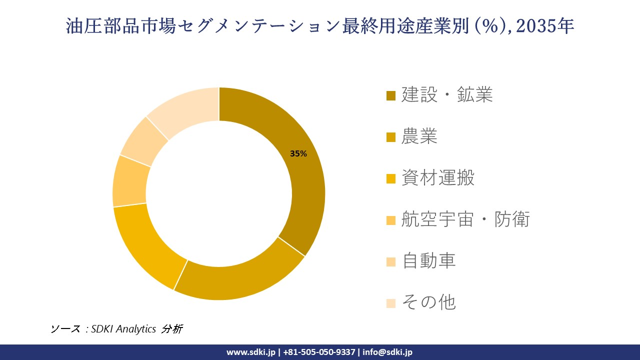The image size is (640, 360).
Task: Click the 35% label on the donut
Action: pos(298,154)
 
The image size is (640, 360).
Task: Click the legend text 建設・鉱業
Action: pos(447,94)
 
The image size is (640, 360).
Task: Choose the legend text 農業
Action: pos(419,136)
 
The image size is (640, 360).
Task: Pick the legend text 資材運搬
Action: pos(437,177)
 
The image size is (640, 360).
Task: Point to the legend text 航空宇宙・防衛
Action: pos(465,219)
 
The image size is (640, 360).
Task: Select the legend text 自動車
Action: pos(428,260)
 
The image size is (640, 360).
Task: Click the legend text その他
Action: pos(428,302)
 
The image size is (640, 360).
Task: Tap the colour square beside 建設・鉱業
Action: pos(391,95)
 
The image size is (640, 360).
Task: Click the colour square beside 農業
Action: pos(391,137)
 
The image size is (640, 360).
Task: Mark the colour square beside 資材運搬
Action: pos(391,178)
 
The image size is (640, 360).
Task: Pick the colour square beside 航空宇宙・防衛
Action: pos(391,220)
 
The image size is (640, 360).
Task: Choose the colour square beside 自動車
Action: pos(391,261)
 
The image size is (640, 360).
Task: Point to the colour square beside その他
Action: pos(391,303)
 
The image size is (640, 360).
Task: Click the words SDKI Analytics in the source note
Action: pos(123,328)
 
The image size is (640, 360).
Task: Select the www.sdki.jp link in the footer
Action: pos(251,352)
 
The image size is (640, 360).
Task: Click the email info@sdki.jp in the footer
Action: pos(387,352)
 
